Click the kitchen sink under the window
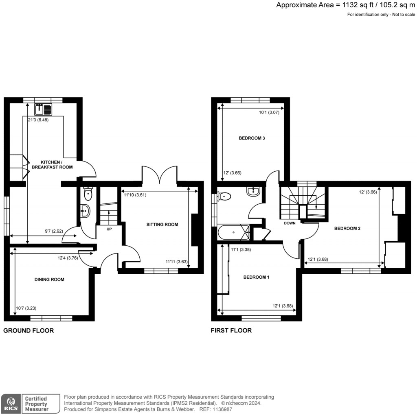tap(43, 109)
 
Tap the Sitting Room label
tap(162, 224)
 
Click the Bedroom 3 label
tap(252, 138)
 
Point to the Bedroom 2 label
tap(347, 229)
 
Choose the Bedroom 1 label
tap(256, 277)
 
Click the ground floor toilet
tap(88, 194)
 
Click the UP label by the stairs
tap(109, 229)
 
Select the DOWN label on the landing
tap(290, 223)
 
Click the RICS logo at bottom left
tap(11, 403)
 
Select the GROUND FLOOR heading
tap(29, 331)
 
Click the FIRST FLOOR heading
tap(231, 331)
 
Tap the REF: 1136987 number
tap(220, 409)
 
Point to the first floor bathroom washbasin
tap(253, 192)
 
